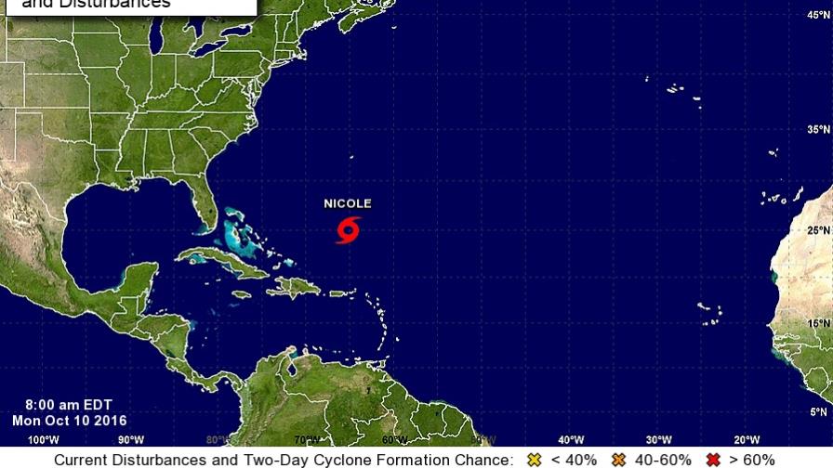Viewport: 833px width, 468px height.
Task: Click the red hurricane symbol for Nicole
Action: click(x=349, y=229)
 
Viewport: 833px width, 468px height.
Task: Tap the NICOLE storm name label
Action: click(x=348, y=203)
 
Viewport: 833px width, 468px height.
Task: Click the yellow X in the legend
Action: click(x=533, y=460)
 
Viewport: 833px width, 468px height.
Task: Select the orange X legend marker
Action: click(x=618, y=460)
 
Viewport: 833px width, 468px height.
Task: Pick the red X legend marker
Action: click(x=714, y=460)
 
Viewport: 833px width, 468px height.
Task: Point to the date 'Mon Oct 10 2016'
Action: click(x=69, y=420)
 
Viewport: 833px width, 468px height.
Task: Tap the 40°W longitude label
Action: click(x=570, y=439)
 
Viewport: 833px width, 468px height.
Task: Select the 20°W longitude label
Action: click(x=746, y=439)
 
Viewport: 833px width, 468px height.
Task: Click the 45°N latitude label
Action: click(x=818, y=14)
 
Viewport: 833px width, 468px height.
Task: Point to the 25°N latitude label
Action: click(x=818, y=229)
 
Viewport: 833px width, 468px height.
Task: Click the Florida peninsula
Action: click(x=198, y=200)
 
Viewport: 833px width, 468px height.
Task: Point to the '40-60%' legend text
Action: click(x=664, y=460)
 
